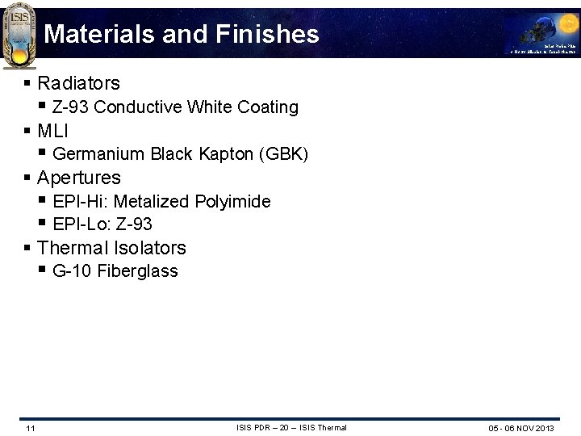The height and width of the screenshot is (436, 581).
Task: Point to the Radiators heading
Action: coord(78,83)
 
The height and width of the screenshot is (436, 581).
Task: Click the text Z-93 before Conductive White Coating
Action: coord(71,107)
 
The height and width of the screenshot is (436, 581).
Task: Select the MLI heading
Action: coord(52,131)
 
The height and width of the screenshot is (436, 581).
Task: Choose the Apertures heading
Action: coord(79,178)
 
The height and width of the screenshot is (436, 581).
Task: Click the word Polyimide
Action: coord(232,201)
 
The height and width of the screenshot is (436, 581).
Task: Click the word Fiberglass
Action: coord(137,271)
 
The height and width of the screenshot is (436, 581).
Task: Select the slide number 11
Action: coord(30,428)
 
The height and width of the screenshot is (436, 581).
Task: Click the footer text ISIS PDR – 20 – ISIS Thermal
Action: coord(291,428)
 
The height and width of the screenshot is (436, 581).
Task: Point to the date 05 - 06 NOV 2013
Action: coord(521,428)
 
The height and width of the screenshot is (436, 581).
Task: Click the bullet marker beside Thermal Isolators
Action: coord(28,248)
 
